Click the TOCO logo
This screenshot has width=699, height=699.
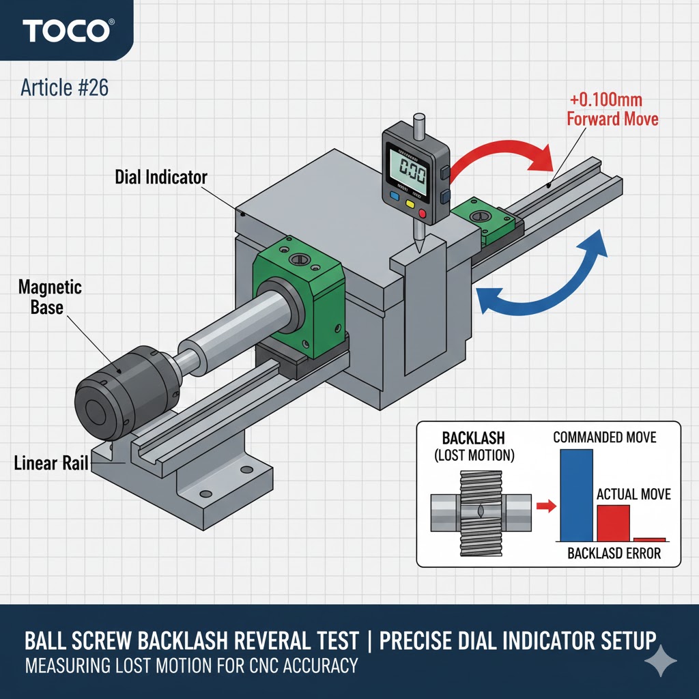[x=68, y=31]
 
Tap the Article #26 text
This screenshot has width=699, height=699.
[x=64, y=87]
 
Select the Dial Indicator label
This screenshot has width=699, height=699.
[x=161, y=177]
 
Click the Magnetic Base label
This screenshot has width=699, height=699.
[x=50, y=296]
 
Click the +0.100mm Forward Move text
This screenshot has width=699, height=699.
[x=612, y=109]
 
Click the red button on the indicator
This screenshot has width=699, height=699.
[x=422, y=214]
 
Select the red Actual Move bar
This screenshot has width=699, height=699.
[x=613, y=523]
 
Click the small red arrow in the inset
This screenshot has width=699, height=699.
[x=543, y=506]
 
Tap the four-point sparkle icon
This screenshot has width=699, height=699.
[x=660, y=661]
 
